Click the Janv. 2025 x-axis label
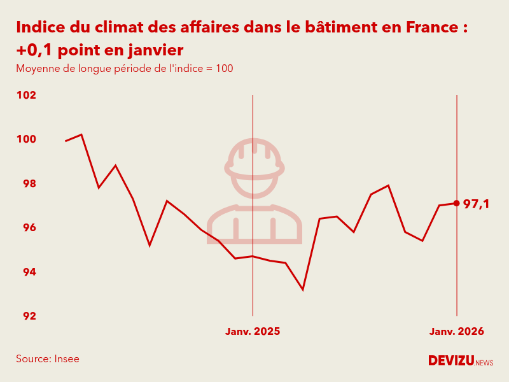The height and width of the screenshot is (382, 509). pyautogui.click(x=253, y=332)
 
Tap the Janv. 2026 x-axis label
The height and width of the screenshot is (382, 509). pyautogui.click(x=456, y=332)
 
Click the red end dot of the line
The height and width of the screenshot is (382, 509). pyautogui.click(x=457, y=203)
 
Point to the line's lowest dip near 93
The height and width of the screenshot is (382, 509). pyautogui.click(x=303, y=290)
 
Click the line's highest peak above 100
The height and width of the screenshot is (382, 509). pyautogui.click(x=81, y=134)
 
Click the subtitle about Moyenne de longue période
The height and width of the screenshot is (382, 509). pyautogui.click(x=125, y=69)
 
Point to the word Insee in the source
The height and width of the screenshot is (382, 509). pyautogui.click(x=67, y=359)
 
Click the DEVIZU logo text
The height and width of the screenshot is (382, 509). pyautogui.click(x=451, y=360)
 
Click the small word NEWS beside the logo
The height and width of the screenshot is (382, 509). pyautogui.click(x=484, y=363)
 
